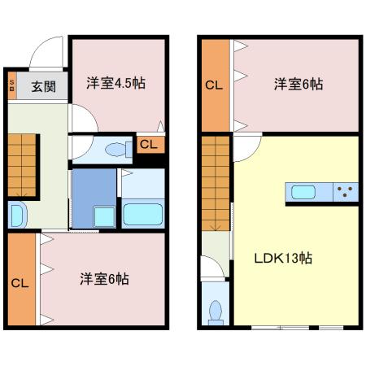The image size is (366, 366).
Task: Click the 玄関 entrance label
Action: pos(44,86)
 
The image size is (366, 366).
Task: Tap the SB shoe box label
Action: pos(12,85)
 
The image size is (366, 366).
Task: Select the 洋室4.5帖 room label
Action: pos(116,83)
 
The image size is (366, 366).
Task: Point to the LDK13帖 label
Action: pos(283,258)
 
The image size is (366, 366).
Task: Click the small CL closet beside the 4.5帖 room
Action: pos(150,145)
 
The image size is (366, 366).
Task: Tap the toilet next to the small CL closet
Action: pos(119,150)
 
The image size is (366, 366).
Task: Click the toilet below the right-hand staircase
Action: pos(216,312)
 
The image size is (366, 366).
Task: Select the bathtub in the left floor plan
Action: pos(143,214)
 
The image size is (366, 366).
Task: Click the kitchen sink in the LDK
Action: pos(303,192)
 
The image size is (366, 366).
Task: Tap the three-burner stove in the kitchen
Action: pos(346,192)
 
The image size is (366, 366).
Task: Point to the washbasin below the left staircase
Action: pos(18,215)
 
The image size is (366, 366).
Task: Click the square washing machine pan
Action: pos(104,216)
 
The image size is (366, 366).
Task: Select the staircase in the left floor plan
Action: pos(22,165)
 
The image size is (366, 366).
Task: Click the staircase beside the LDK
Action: pos(216,183)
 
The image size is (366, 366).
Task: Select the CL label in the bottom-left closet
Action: pos(20,283)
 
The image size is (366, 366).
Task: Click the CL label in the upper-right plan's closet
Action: pos(214,85)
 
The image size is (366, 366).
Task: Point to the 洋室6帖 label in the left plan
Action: pos(104,278)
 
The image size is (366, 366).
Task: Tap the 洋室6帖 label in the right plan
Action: pos(298,84)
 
